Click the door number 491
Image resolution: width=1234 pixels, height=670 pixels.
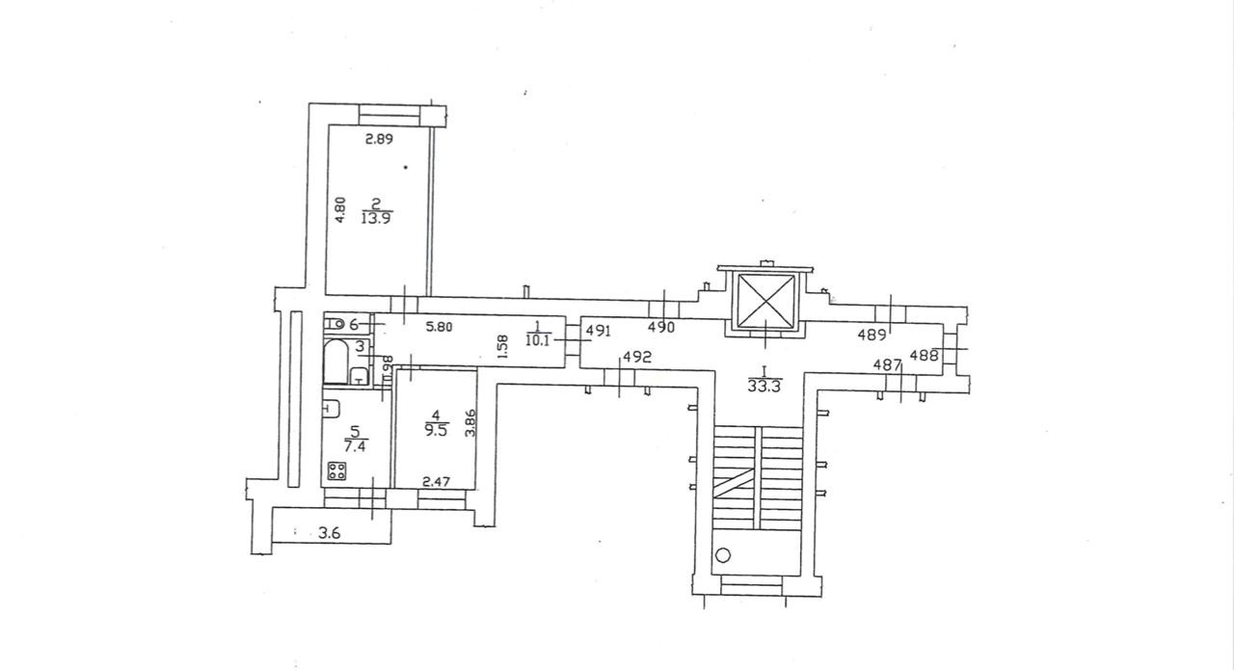click(599, 331)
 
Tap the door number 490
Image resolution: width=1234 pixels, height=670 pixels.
click(660, 328)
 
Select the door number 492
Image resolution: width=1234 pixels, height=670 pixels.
click(637, 357)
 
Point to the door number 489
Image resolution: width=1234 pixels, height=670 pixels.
click(872, 335)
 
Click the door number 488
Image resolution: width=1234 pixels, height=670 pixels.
click(925, 355)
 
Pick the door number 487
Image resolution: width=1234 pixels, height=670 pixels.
click(887, 364)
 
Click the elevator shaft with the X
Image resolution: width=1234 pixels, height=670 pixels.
click(765, 300)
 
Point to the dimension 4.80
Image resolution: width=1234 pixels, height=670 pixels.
click(339, 210)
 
